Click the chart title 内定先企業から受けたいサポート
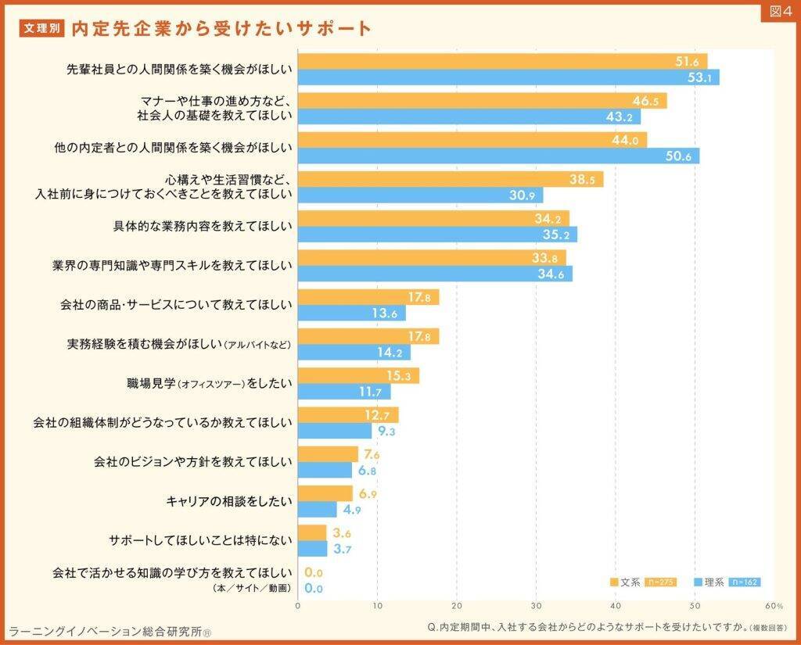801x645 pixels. (221, 29)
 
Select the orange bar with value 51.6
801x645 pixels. (501, 61)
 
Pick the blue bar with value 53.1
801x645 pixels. (507, 77)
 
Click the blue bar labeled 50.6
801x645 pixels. (497, 156)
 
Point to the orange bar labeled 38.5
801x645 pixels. (450, 179)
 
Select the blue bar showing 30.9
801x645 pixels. (419, 195)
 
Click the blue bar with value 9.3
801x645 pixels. (334, 431)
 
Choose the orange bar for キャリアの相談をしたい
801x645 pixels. (325, 493)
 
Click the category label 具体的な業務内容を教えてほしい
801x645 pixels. (203, 227)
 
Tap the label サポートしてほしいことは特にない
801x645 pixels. (200, 540)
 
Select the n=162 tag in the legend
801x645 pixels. (744, 582)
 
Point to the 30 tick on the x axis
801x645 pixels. (536, 605)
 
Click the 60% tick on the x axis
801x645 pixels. (774, 605)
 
